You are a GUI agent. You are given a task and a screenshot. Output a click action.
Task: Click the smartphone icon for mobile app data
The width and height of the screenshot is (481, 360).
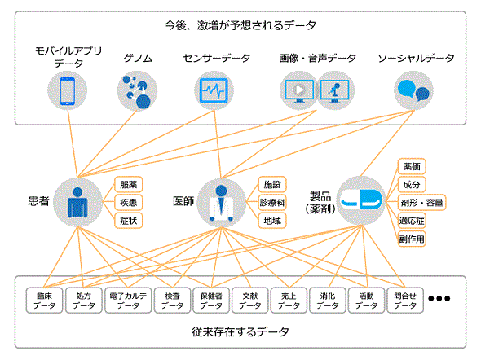[67, 91]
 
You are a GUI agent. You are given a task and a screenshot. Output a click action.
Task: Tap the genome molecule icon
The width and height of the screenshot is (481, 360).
[137, 91]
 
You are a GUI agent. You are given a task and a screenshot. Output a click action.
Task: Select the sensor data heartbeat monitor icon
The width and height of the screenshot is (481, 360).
[214, 90]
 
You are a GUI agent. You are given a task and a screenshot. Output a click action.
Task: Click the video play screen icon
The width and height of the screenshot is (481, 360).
[299, 90]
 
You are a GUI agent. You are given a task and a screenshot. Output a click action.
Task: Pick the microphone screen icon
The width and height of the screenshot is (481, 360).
[335, 90]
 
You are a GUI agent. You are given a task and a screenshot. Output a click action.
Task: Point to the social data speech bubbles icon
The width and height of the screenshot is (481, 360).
[413, 90]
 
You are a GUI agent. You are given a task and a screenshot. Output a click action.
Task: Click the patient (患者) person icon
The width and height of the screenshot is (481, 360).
[77, 202]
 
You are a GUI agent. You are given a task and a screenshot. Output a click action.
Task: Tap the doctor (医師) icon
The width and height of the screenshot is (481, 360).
[221, 203]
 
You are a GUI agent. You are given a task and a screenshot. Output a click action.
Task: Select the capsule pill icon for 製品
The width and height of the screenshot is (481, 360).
[361, 200]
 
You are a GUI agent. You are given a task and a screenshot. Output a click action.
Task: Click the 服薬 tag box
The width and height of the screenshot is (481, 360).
[129, 185]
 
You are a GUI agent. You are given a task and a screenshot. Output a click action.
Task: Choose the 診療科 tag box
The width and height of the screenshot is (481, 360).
[272, 203]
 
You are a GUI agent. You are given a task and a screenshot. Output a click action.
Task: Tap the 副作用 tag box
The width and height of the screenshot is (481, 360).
[412, 239]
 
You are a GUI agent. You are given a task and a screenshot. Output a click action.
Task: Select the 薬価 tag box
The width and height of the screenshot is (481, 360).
[412, 167]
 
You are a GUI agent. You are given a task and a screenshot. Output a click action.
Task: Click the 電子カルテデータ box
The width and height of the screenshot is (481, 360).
[128, 301]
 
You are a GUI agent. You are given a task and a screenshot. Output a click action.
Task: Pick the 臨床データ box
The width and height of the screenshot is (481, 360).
[45, 301]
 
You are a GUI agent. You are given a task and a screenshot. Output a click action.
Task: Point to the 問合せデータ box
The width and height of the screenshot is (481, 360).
[405, 301]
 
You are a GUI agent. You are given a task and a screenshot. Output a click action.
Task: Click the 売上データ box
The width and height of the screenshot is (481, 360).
[289, 301]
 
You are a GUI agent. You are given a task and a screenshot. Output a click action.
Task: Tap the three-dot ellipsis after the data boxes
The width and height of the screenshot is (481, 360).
[439, 298]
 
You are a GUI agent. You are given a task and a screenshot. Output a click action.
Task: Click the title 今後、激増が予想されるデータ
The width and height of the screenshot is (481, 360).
[240, 25]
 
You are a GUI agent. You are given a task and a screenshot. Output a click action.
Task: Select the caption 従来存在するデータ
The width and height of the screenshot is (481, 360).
[240, 331]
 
